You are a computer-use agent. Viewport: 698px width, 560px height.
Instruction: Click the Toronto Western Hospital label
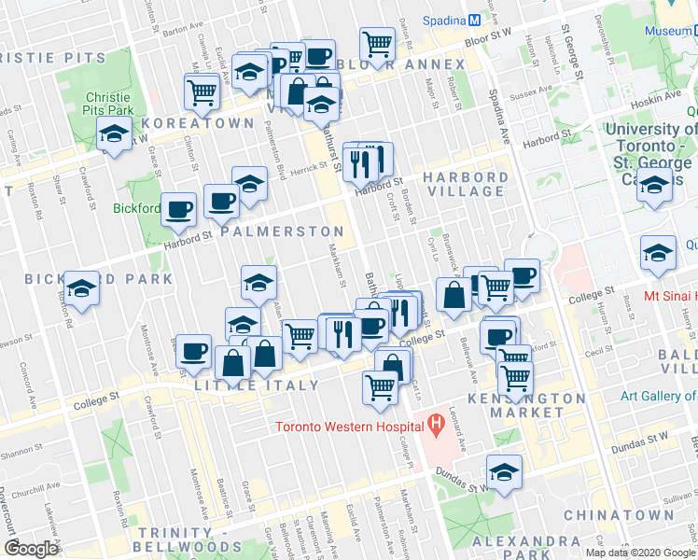click(348, 428)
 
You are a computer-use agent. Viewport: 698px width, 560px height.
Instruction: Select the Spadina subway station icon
click(475, 20)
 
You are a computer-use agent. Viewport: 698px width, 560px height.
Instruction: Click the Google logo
click(31, 549)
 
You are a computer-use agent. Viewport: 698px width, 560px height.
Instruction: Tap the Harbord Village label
click(465, 184)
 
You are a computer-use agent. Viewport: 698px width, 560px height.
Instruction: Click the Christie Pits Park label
click(109, 103)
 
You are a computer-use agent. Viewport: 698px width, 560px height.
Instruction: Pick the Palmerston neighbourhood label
click(282, 231)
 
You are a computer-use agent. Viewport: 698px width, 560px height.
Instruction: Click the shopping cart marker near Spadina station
click(377, 43)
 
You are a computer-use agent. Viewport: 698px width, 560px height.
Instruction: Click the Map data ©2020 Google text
click(640, 552)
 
